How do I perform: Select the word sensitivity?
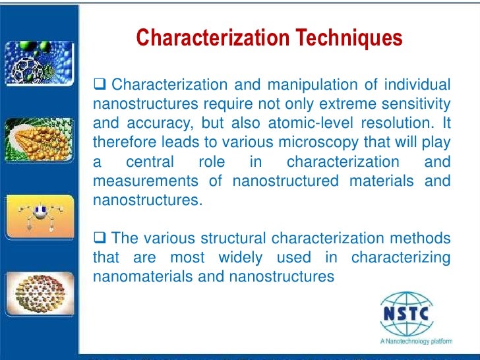pos(414,104)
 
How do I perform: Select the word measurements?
pos(140,181)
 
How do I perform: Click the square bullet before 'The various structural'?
pos(100,238)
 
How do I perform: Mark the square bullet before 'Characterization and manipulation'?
pos(100,86)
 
